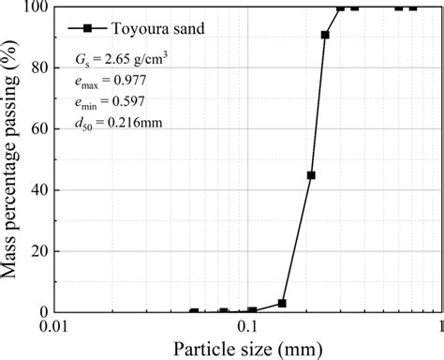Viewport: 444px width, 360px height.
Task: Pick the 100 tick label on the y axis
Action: pos(36,7)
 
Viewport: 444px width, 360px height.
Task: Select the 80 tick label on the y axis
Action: pos(39,68)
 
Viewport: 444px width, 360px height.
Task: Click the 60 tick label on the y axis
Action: pos(39,129)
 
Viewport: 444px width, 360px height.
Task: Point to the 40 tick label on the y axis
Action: pos(39,190)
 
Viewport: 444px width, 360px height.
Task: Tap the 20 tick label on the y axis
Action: pos(39,251)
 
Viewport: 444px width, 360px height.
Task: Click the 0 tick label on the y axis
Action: pos(43,312)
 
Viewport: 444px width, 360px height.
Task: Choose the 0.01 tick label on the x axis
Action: pos(54,328)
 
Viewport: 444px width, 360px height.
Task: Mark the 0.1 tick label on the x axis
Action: pos(247,328)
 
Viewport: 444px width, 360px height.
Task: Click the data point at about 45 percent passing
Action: pos(311,175)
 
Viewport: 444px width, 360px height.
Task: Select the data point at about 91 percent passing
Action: pos(325,35)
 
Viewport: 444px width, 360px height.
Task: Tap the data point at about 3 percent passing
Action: pos(282,303)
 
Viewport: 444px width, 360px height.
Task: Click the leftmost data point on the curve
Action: pos(194,311)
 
